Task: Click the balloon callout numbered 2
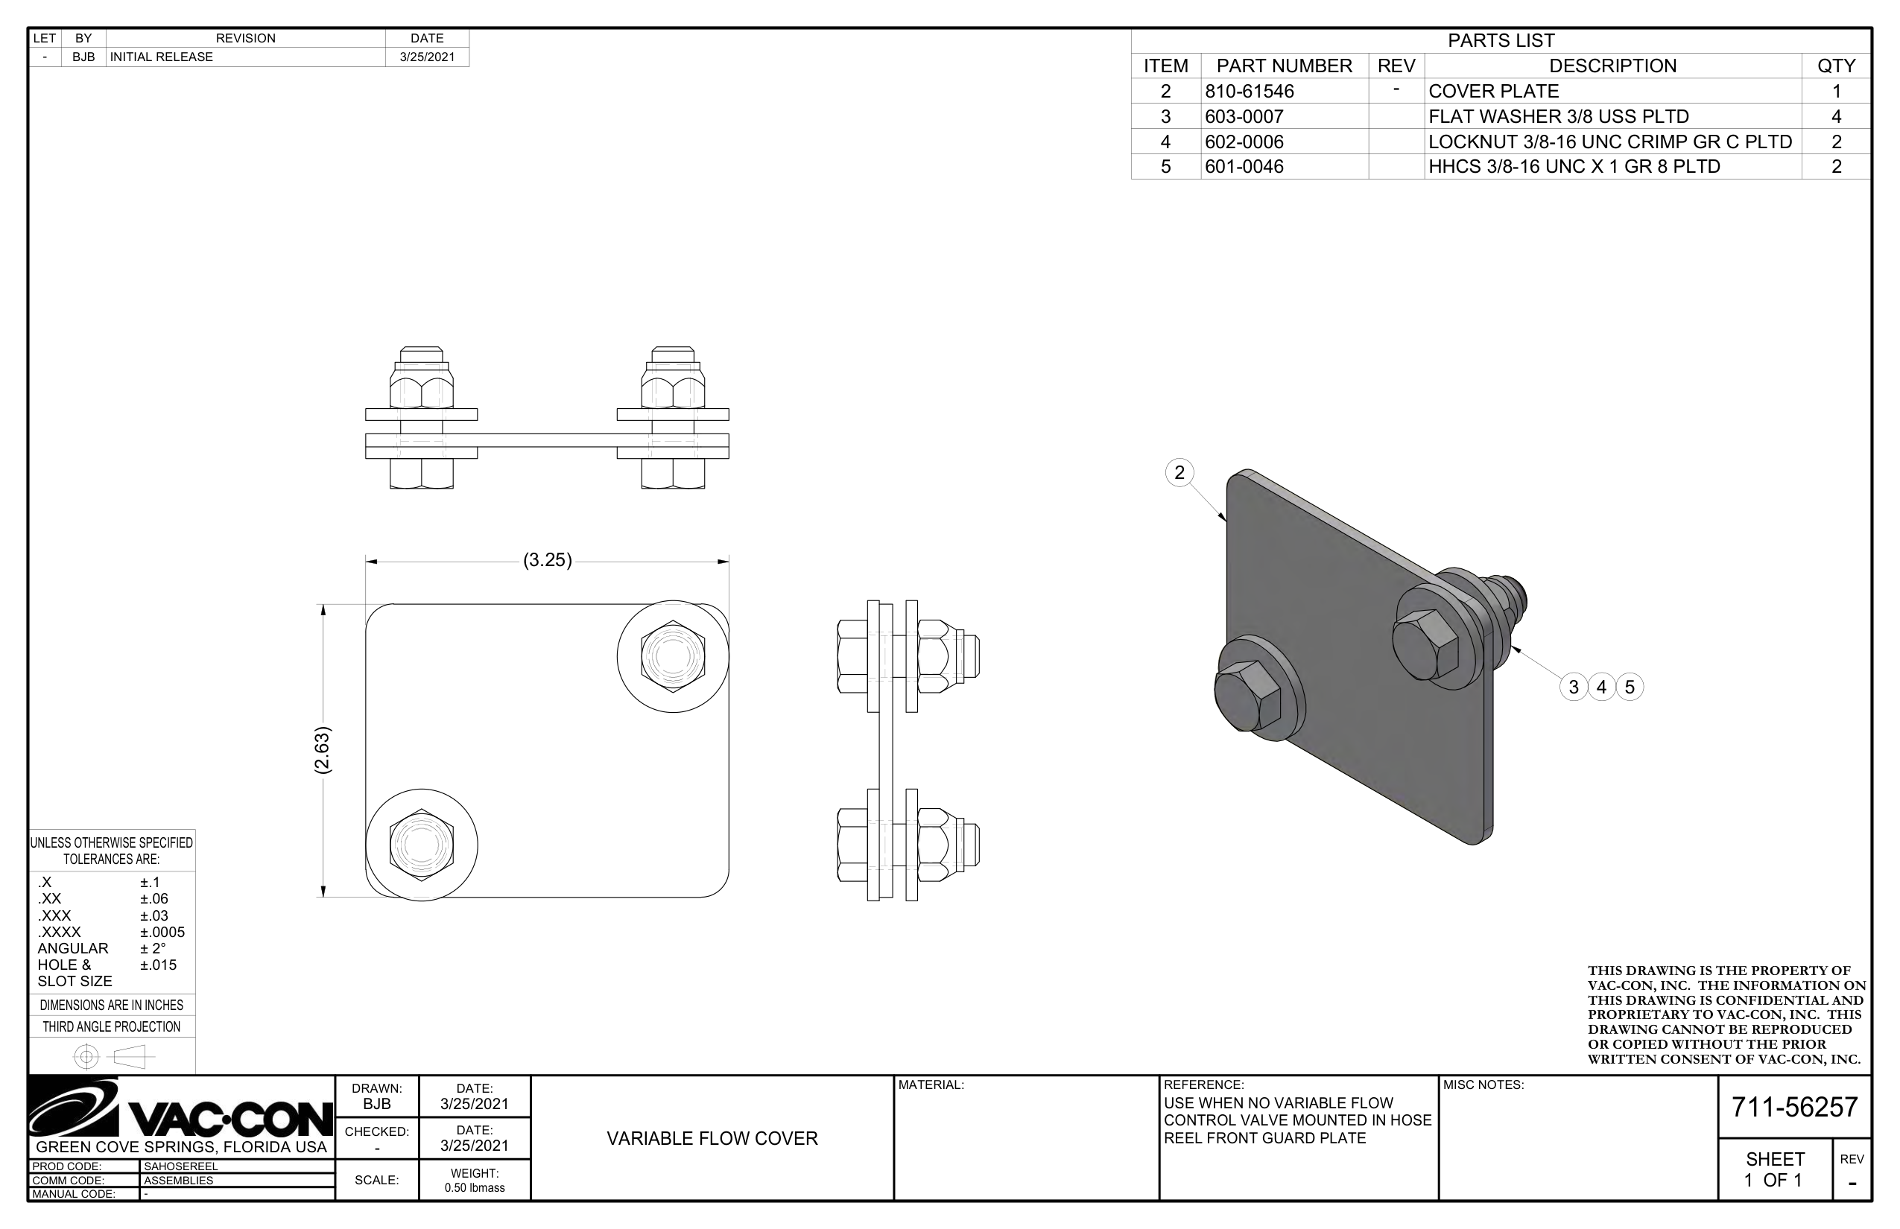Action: point(1179,472)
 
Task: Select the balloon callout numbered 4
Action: point(1600,687)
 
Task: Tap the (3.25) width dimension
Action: point(547,560)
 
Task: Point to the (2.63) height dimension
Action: point(323,750)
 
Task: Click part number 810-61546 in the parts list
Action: point(1249,91)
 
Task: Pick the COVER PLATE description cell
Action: point(1493,91)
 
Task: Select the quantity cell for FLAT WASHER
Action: point(1836,116)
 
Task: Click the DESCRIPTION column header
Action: point(1612,66)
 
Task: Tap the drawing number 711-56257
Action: point(1795,1107)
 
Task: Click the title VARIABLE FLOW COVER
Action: point(712,1139)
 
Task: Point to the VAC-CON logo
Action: point(180,1109)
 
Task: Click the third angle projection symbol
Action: point(113,1058)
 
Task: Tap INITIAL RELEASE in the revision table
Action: point(161,57)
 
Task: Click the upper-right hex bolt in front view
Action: point(672,656)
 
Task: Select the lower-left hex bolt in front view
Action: point(422,845)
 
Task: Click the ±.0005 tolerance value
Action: point(162,932)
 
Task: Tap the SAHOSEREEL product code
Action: point(180,1166)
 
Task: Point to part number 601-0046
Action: point(1244,167)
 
